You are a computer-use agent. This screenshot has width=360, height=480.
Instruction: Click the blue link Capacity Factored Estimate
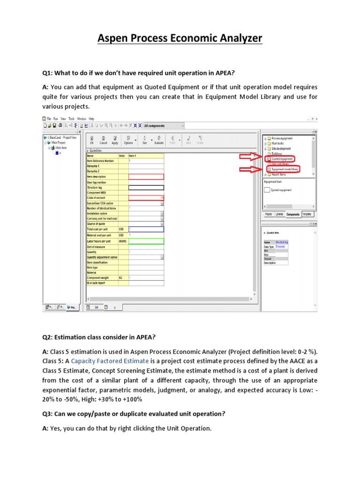click(x=110, y=361)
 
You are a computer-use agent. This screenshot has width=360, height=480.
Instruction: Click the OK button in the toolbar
click(x=92, y=141)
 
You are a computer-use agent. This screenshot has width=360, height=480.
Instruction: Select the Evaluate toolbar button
click(x=159, y=141)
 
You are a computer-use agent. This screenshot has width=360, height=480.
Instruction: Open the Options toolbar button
click(x=128, y=141)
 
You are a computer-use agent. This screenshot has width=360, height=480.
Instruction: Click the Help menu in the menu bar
click(x=91, y=119)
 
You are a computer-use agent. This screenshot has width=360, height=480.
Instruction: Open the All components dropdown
click(x=164, y=126)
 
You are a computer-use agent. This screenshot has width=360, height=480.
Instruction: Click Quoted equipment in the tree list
click(x=283, y=158)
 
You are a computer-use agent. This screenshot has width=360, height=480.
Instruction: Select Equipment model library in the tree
click(x=285, y=169)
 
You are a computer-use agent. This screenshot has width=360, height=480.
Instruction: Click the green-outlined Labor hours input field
click(x=146, y=241)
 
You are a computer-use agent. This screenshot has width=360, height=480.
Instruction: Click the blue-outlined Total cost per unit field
click(x=146, y=229)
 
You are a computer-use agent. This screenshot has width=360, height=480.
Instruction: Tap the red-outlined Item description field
click(x=146, y=176)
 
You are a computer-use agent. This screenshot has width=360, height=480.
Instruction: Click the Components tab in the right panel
click(x=293, y=214)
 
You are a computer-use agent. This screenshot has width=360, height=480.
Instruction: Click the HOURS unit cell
click(x=123, y=241)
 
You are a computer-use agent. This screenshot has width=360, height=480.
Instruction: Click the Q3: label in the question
click(x=48, y=413)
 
